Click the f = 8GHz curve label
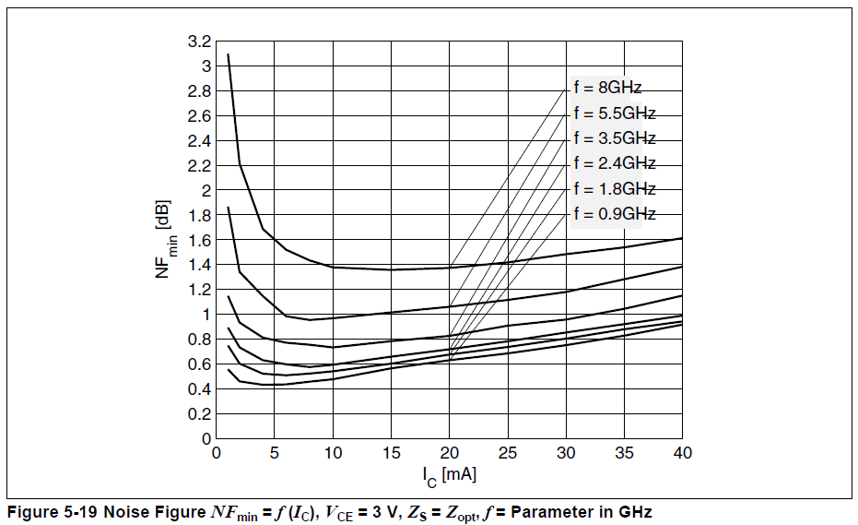pos(607,89)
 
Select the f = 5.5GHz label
pos(614,113)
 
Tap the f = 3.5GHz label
pos(614,138)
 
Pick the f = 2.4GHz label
pos(614,163)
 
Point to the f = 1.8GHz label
pos(614,188)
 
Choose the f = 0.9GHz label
pos(614,214)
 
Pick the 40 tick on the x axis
pos(682,453)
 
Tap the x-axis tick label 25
pos(507,453)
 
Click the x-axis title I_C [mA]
pos(449,475)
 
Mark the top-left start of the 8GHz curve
pos(228,54)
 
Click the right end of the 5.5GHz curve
pos(682,266)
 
